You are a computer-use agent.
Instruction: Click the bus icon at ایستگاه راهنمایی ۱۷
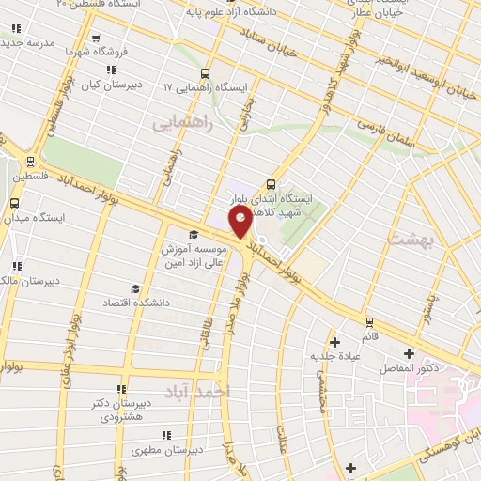(206, 74)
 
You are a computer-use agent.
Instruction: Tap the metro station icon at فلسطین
(31, 161)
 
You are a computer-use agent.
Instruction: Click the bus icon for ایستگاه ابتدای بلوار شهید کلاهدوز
(272, 183)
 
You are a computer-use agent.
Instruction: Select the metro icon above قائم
(369, 320)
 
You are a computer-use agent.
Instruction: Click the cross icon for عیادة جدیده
(334, 341)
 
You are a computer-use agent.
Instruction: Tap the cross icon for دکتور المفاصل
(408, 354)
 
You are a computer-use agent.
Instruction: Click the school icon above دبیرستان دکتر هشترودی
(120, 389)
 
